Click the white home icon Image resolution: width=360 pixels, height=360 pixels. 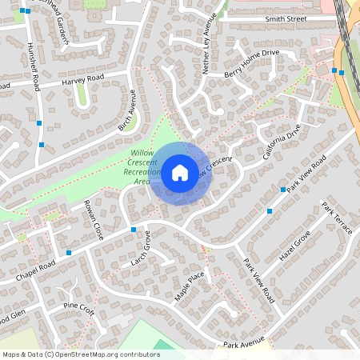[179, 173]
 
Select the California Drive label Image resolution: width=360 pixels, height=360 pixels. [282, 142]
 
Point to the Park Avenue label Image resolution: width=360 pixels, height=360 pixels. [243, 345]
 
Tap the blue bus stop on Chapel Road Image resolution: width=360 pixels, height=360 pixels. [69, 253]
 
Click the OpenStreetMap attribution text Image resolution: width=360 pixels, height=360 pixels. [81, 354]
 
